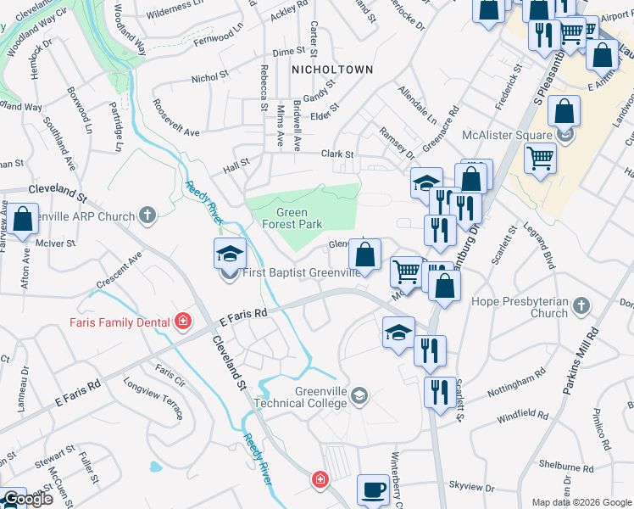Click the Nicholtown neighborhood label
click(331, 69)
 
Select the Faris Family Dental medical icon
click(182, 322)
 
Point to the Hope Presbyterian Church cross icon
click(581, 305)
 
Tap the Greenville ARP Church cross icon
click(147, 215)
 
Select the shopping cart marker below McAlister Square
click(540, 158)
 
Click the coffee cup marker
click(374, 489)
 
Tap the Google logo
click(27, 499)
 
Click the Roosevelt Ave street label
click(176, 121)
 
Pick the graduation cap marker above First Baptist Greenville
click(229, 255)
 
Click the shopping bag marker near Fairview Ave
click(23, 219)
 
